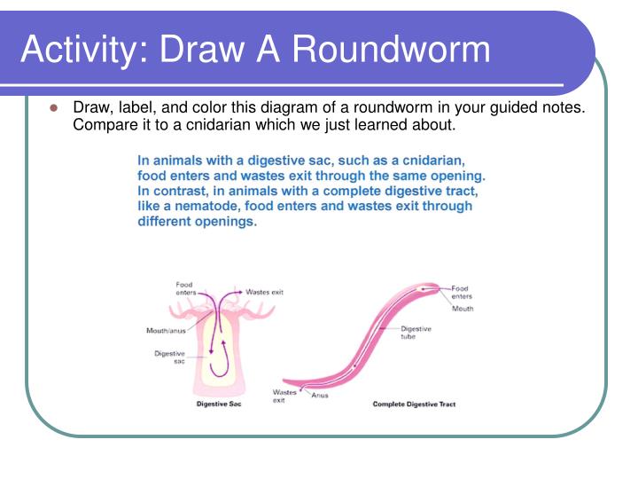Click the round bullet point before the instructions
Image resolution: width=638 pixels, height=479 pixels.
[52, 108]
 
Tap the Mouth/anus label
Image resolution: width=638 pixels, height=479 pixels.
[166, 332]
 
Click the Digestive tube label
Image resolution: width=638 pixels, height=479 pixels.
[416, 333]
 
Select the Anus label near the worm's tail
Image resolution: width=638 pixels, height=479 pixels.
[319, 396]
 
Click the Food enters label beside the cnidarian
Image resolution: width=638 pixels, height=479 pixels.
[185, 288]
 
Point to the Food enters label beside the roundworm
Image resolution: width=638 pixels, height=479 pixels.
[462, 293]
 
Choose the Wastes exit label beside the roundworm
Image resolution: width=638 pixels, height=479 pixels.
[284, 396]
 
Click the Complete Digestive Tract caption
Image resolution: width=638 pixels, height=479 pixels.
[414, 404]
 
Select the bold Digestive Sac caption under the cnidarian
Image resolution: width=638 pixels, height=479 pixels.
[218, 404]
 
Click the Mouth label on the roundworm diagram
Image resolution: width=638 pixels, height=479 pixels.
[463, 309]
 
